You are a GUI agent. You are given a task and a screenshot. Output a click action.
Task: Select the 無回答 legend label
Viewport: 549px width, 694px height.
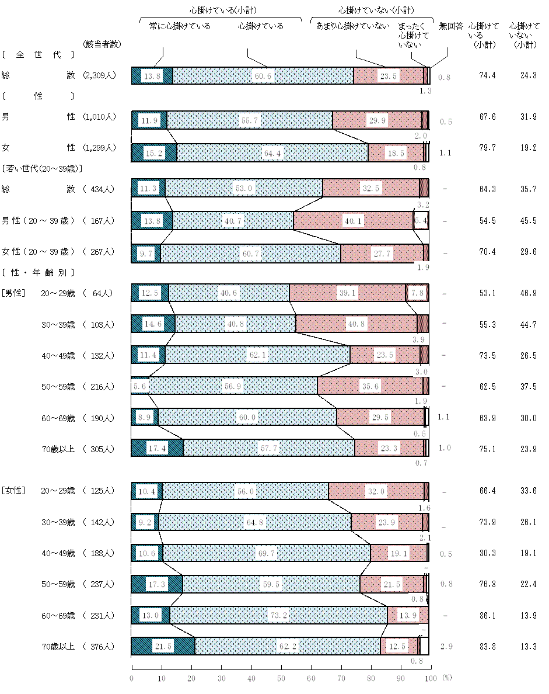coord(451,26)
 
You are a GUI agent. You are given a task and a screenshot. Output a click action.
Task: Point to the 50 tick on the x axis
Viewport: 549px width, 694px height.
coord(281,678)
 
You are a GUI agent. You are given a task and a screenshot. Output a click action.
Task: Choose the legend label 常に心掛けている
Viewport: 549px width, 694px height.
coord(180,26)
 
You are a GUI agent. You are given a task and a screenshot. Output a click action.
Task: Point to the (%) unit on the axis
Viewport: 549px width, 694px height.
coord(447,678)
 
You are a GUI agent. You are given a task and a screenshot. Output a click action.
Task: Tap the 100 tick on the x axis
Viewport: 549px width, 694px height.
coord(431,678)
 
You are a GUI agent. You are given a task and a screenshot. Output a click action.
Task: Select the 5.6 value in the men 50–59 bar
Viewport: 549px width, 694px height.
coord(140,387)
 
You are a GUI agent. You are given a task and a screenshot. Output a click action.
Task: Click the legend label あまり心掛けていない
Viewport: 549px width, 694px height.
coord(352,26)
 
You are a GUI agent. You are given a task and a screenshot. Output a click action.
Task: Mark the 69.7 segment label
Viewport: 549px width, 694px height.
coord(267,553)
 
